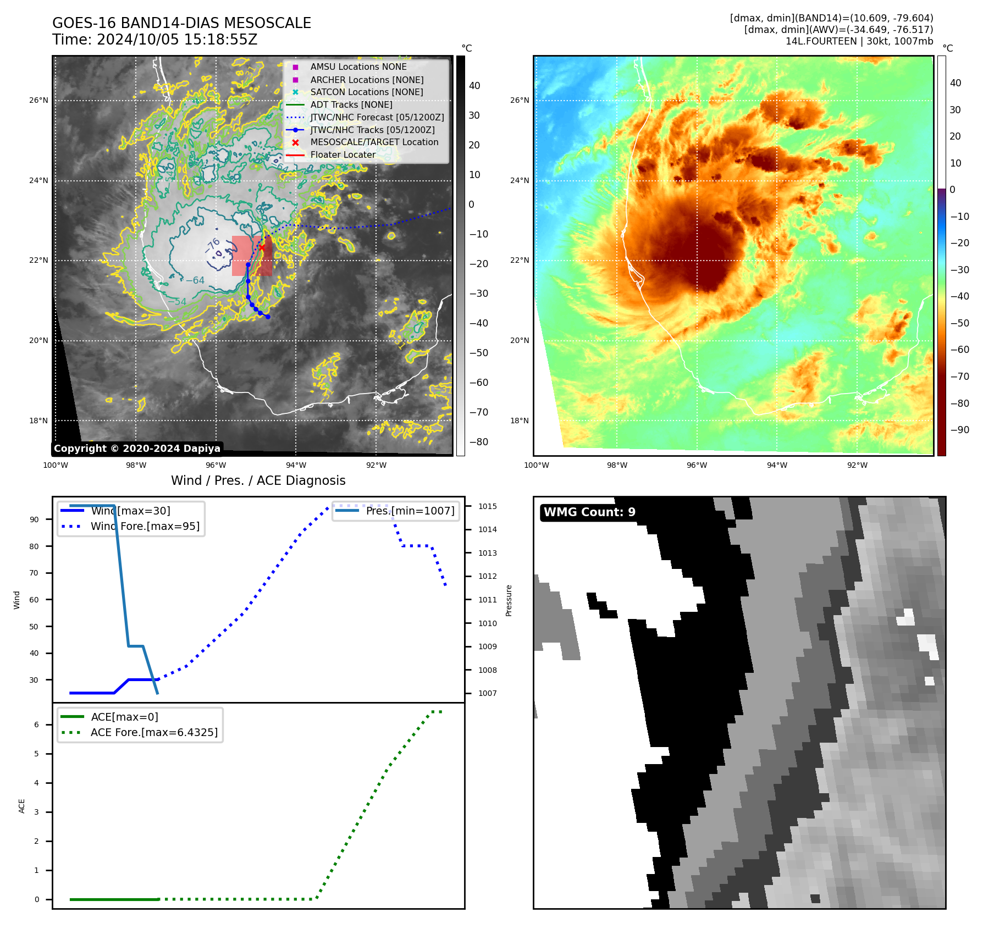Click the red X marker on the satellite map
coord(262,247)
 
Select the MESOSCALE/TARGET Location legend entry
coord(374,142)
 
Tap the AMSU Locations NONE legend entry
coord(358,67)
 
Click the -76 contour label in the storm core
coord(212,245)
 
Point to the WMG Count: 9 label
coord(589,512)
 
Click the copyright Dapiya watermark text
coord(137,449)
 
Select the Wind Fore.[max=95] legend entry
coord(145,527)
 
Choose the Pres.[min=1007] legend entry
coord(410,511)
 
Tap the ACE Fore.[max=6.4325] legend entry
coord(154,733)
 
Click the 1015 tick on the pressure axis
coord(487,506)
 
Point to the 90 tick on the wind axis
coord(35,519)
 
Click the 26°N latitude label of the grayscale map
coord(38,101)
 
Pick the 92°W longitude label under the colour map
coord(857,466)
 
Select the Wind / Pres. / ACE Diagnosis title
coord(258,480)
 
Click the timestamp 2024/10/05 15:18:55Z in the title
coord(177,40)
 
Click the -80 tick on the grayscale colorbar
coord(478,442)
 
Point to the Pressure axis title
coord(509,600)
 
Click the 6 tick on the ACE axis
coord(37,725)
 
